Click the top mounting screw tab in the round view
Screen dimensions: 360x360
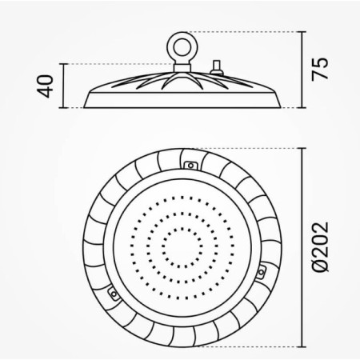(191, 164)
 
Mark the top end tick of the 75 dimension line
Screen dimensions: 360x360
(302, 31)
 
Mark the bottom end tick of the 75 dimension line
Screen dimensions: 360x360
(302, 107)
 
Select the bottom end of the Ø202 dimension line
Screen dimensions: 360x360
(302, 348)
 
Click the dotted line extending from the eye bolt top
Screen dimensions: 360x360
(240, 31)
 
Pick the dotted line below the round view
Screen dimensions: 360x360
(240, 348)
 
